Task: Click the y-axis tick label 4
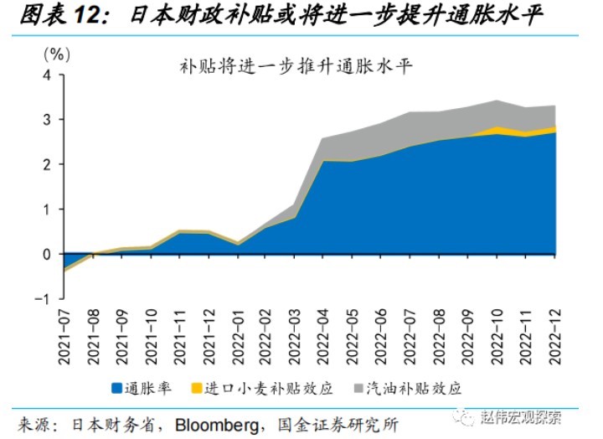(x=47, y=75)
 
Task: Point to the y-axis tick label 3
(x=47, y=120)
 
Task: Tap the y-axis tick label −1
(x=44, y=299)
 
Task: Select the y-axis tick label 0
(x=47, y=254)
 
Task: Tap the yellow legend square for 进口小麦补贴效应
(x=196, y=388)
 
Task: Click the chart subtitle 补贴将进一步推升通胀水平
(x=296, y=65)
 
